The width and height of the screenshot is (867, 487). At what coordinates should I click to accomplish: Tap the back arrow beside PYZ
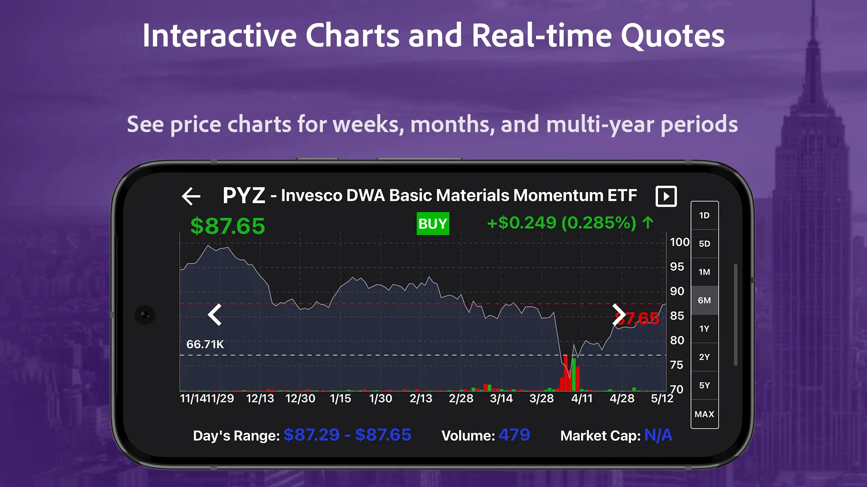[x=191, y=196]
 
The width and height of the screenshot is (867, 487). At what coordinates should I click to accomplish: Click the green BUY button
[x=433, y=224]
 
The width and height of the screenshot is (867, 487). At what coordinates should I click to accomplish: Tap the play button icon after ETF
[x=666, y=196]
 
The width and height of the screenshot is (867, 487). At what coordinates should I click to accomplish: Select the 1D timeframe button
[x=704, y=216]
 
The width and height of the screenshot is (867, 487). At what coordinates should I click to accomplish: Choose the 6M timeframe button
[x=704, y=300]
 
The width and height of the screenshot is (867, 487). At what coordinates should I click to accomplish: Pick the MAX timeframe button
[x=704, y=414]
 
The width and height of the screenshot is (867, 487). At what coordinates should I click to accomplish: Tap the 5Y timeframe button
[x=704, y=386]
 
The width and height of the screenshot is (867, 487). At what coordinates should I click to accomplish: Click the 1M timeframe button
[x=704, y=272]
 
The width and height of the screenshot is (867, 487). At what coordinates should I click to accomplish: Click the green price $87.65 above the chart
[x=228, y=226]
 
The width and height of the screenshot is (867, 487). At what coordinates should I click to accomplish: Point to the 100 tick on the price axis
[x=679, y=242]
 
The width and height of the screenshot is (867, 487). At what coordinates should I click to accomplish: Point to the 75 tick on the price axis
[x=676, y=365]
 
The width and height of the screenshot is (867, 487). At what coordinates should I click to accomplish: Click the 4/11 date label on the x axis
[x=582, y=399]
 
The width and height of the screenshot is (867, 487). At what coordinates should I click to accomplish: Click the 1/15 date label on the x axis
[x=340, y=399]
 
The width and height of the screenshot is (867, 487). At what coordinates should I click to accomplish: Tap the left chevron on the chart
[x=215, y=314]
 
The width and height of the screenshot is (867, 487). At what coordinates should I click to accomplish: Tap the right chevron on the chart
[x=618, y=314]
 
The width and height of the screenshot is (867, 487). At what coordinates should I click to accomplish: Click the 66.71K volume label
[x=205, y=345]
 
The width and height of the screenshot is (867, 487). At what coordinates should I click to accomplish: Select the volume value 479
[x=514, y=435]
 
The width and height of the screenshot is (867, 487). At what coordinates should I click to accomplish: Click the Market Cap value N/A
[x=658, y=435]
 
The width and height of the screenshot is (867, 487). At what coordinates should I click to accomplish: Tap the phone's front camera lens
[x=145, y=315]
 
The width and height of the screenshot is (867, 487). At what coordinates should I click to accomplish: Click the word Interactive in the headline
[x=219, y=36]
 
